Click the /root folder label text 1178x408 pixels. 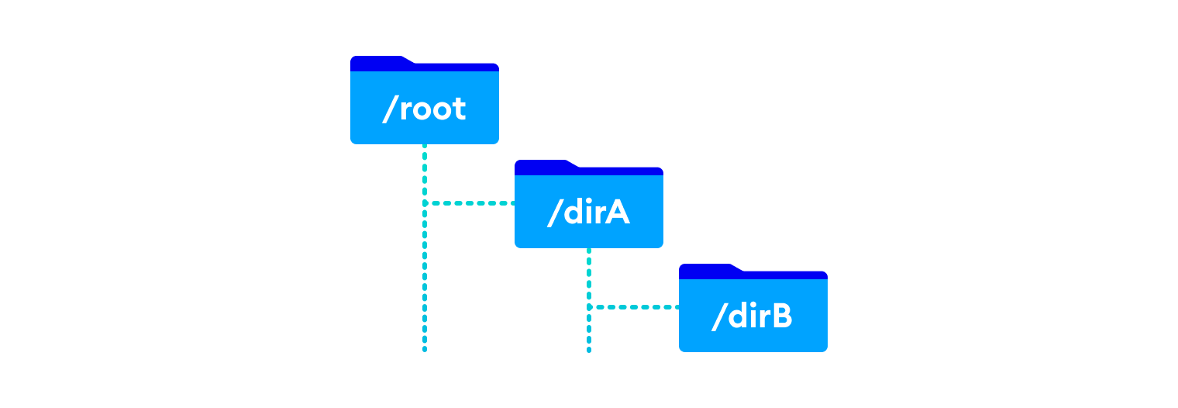tap(425, 109)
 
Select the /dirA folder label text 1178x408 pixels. tap(589, 213)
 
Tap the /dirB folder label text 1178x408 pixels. tap(753, 317)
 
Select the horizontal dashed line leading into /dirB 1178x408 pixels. tap(635, 307)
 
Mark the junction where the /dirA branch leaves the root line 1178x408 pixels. tap(425, 203)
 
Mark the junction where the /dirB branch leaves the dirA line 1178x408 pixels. tap(589, 307)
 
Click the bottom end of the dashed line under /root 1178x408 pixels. tap(425, 350)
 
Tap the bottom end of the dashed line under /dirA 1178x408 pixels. tap(589, 350)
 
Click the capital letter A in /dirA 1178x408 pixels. tap(616, 213)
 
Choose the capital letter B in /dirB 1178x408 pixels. tap(780, 316)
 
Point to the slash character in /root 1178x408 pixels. tap(389, 109)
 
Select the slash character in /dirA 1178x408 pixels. tap(554, 213)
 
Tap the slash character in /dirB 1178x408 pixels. tap(718, 317)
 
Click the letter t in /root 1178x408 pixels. tap(459, 109)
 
